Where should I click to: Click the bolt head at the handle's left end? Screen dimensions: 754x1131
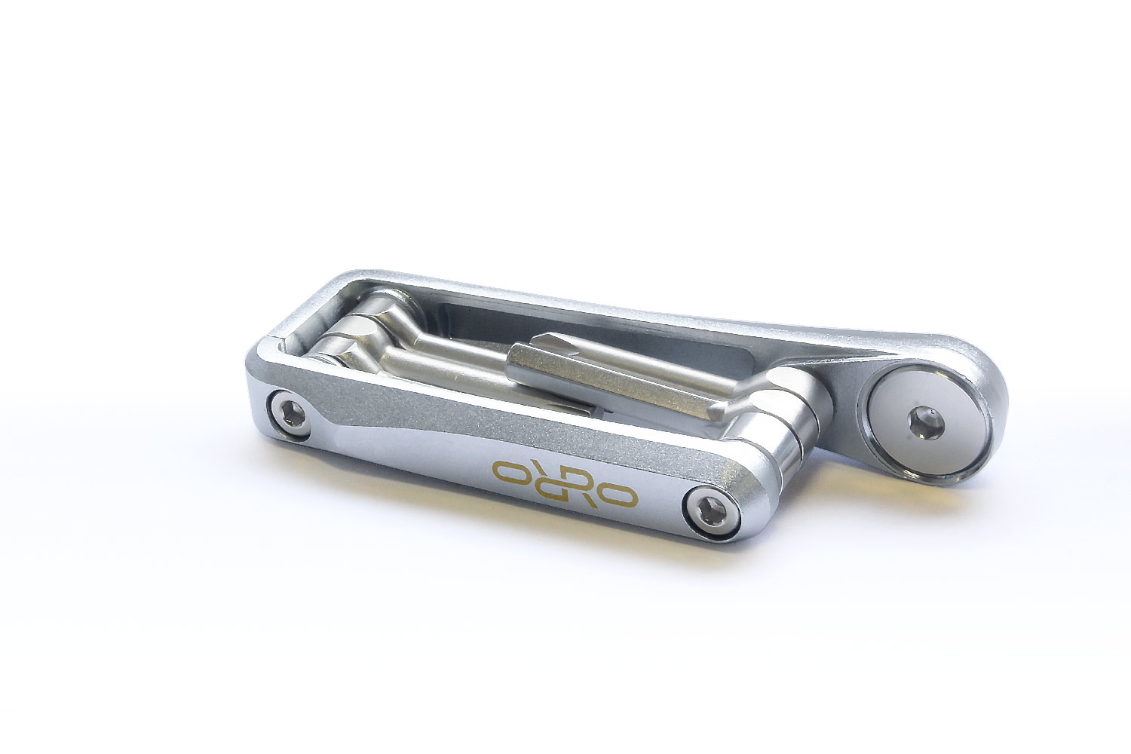pyautogui.click(x=290, y=414)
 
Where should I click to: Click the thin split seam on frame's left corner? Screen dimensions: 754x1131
pyautogui.click(x=280, y=335)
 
